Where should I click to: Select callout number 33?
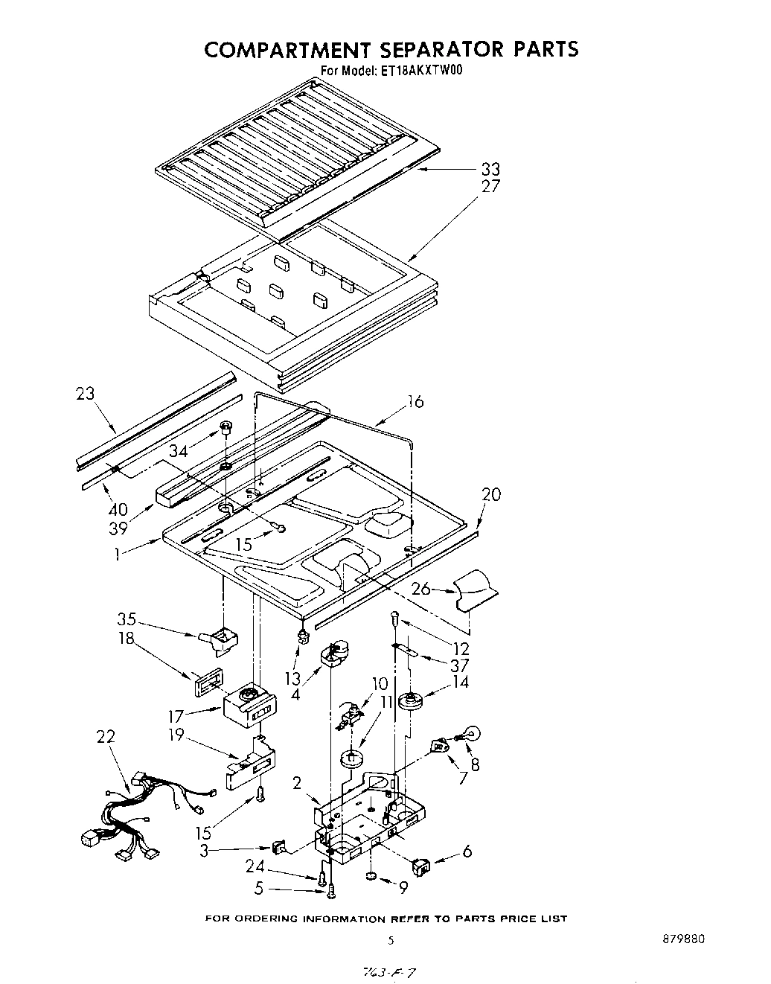pyautogui.click(x=490, y=169)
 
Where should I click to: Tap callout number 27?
pyautogui.click(x=490, y=186)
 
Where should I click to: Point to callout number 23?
pyautogui.click(x=86, y=393)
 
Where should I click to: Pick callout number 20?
pyautogui.click(x=490, y=494)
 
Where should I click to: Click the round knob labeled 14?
pyautogui.click(x=410, y=701)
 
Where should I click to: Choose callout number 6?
pyautogui.click(x=467, y=851)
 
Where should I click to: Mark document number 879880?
pyautogui.click(x=682, y=939)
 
